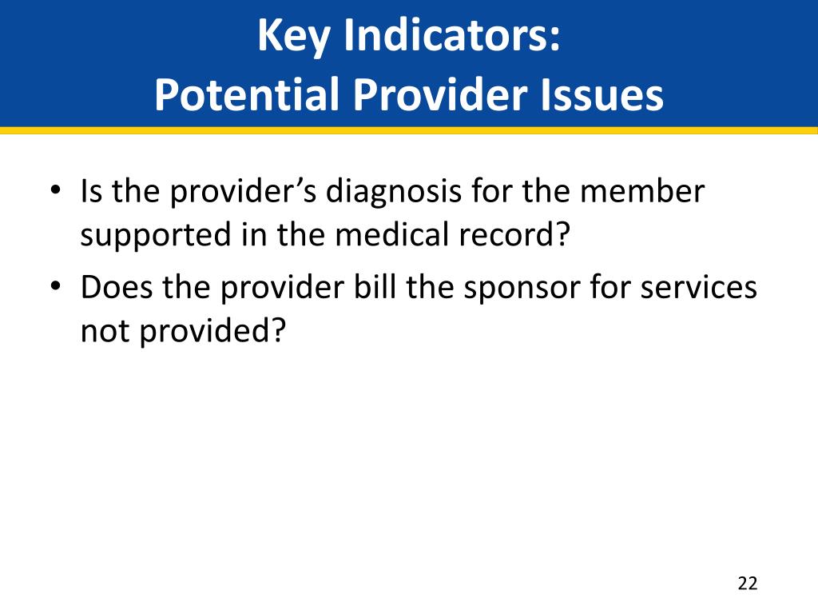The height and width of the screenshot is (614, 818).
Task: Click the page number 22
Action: (747, 583)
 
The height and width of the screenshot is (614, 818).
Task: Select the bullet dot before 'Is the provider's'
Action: (55, 189)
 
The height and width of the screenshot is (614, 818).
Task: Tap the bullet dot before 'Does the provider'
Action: (55, 285)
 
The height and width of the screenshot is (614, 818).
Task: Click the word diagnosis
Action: (393, 192)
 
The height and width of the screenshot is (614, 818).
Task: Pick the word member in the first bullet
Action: (642, 191)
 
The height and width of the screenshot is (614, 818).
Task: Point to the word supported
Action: (156, 236)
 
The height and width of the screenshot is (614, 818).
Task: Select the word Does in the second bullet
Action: (117, 287)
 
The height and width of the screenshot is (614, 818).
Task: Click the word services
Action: (698, 288)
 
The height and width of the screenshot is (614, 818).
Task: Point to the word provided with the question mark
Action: (212, 332)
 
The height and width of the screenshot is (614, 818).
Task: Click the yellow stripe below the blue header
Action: (409, 130)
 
